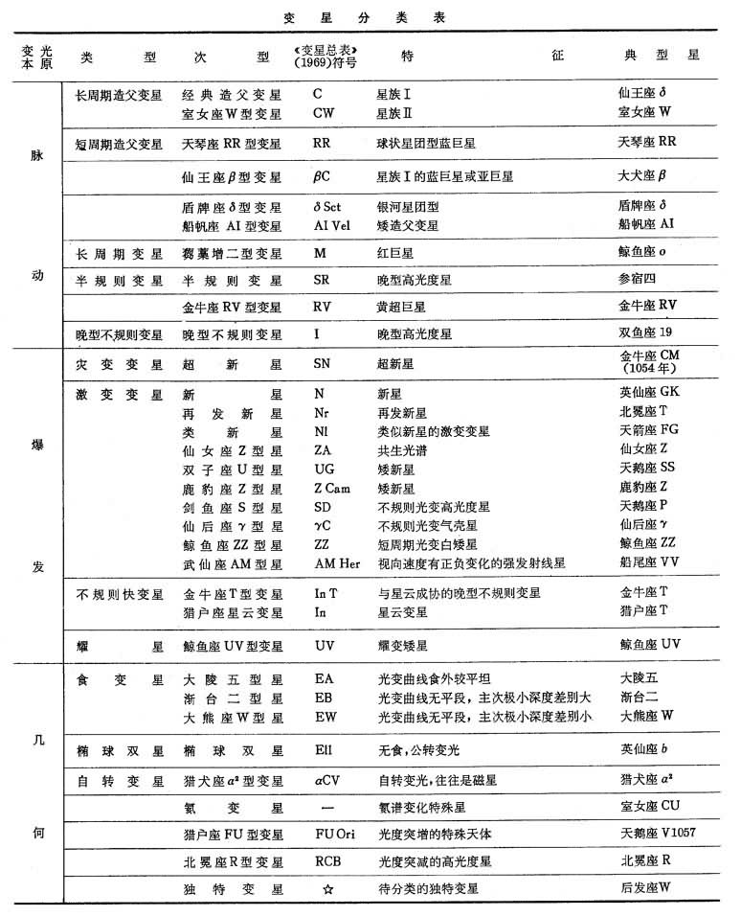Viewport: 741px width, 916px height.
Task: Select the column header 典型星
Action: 662,56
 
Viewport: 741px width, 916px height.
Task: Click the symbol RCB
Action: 328,861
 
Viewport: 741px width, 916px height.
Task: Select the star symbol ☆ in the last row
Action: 328,889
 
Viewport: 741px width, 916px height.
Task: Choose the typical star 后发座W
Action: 644,888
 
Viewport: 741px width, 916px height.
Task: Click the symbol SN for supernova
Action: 325,365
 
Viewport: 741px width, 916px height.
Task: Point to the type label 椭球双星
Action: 119,746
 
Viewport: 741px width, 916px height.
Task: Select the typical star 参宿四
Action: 639,281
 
